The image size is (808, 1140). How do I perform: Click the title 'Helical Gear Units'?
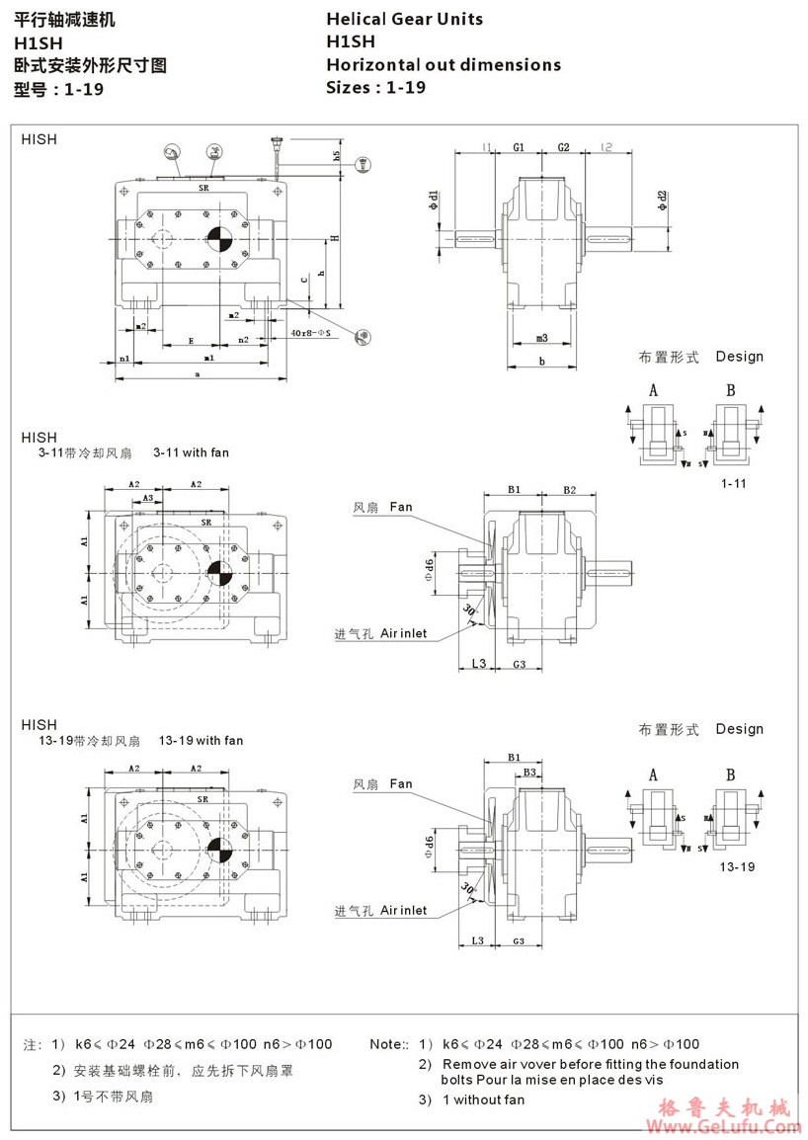tap(405, 19)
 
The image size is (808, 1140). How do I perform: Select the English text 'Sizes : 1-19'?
tap(375, 87)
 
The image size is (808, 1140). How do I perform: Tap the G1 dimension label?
tap(518, 147)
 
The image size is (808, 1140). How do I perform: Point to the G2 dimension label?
tap(563, 147)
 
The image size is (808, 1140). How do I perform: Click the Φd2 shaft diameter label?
tap(661, 202)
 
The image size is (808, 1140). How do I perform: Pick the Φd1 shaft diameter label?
tap(433, 202)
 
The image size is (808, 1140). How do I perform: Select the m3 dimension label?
tap(541, 339)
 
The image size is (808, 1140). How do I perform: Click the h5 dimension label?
tap(336, 155)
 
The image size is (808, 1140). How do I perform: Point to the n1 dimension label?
tap(124, 357)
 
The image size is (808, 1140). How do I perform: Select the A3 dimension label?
tap(148, 499)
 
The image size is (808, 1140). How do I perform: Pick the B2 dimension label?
tap(570, 489)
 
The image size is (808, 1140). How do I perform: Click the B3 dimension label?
tap(529, 772)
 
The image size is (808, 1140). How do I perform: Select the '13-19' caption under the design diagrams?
tap(736, 866)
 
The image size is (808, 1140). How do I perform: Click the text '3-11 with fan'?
tap(191, 452)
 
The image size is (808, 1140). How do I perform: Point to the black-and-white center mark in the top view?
tap(219, 237)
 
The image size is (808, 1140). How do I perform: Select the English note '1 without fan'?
tap(483, 1099)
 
